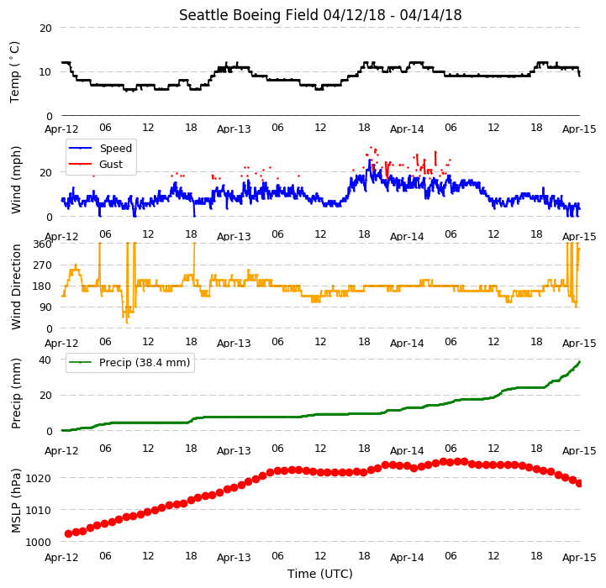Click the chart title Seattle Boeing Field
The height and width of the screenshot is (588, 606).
pos(249,15)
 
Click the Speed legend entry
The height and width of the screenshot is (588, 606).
pos(100,149)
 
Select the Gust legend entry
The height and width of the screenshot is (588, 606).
pos(96,164)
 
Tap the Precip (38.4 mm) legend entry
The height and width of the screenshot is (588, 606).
pos(129,362)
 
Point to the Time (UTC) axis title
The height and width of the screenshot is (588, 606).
pos(320,574)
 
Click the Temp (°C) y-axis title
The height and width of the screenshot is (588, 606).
pos(14,72)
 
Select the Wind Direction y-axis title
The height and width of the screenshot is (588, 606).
pos(16,287)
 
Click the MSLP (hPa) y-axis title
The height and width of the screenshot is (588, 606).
pos(16,501)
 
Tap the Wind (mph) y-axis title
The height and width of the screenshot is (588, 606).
pos(16,180)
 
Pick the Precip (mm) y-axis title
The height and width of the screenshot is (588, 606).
pos(16,394)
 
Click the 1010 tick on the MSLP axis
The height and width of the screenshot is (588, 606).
pos(38,511)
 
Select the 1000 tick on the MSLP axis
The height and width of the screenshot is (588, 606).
pos(38,543)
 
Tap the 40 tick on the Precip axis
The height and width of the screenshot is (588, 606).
pos(45,360)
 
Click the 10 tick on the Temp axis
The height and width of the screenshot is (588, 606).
pos(45,72)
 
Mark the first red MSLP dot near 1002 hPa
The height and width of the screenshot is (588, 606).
pos(68,533)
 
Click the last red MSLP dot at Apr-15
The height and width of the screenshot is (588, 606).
pos(579,483)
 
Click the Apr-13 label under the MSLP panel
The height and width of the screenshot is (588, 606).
pos(234,557)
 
